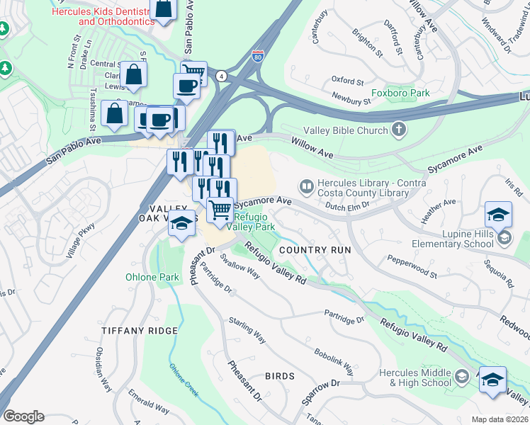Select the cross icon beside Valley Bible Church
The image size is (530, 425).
(x=399, y=130)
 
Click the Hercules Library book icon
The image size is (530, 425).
(x=307, y=187)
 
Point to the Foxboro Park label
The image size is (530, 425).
(x=401, y=93)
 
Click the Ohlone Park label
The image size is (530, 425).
(x=152, y=277)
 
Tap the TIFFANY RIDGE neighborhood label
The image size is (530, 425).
(x=139, y=331)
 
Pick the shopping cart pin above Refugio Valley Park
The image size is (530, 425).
(x=221, y=211)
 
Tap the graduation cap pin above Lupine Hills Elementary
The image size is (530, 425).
(x=498, y=214)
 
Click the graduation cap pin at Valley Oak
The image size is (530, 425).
(x=182, y=223)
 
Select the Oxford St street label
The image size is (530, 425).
(x=346, y=80)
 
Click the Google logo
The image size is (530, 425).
(x=23, y=416)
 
